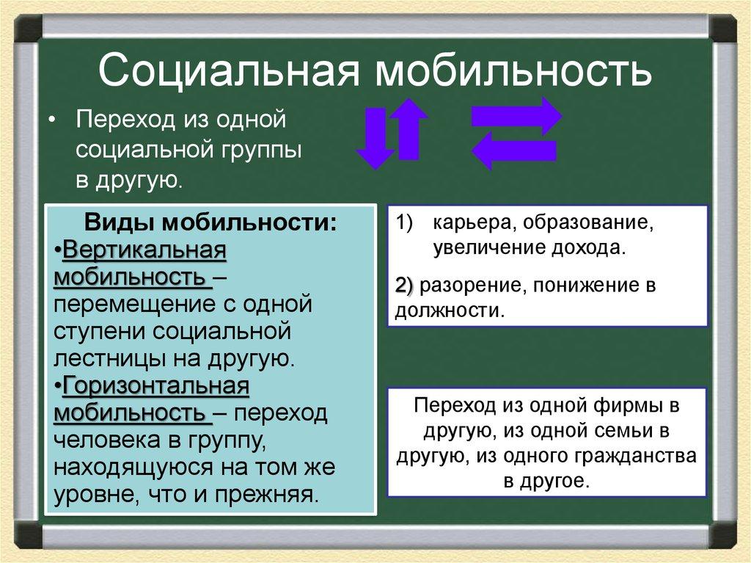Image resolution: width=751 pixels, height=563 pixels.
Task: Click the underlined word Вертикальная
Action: point(144,251)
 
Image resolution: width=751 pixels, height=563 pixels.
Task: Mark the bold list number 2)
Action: point(405,286)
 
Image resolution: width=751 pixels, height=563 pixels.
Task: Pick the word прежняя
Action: point(271,493)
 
